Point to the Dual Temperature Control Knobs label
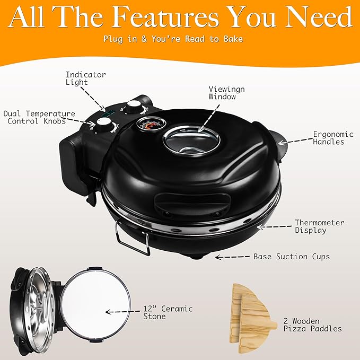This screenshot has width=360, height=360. click(x=39, y=117)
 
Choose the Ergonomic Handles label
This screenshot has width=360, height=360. click(x=329, y=138)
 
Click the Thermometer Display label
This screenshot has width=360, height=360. click(x=319, y=226)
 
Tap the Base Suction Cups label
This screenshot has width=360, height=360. click(x=292, y=257)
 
